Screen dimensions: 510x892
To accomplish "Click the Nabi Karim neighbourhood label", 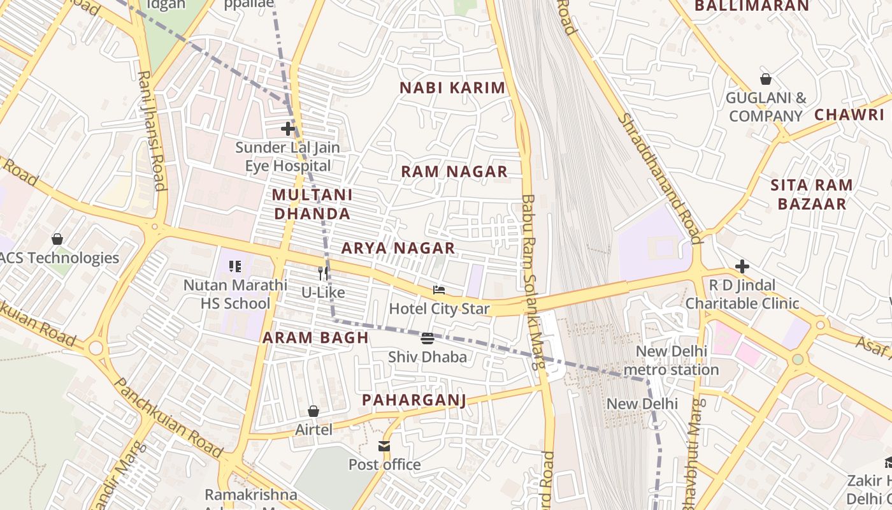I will (452, 88).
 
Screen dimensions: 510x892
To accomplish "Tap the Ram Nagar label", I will (454, 171).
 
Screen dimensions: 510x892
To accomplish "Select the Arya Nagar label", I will (398, 248).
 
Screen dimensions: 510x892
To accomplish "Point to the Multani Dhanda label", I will (312, 204).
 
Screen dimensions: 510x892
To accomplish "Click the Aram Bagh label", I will (316, 338).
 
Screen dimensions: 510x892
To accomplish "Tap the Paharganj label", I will (414, 400).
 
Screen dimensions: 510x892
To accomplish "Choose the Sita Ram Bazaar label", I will (811, 194).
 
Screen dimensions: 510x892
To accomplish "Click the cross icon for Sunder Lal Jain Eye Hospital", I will (288, 129).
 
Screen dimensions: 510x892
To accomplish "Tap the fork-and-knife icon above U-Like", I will (323, 273).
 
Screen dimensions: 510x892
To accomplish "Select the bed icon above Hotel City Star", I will (439, 290).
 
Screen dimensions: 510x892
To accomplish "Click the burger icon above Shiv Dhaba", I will (428, 338).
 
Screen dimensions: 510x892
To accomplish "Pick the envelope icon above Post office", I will (384, 446).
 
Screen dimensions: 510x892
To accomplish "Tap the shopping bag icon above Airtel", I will (313, 411).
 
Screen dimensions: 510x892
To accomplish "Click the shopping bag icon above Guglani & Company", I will (766, 79).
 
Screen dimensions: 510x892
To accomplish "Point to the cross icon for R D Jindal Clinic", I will (742, 266).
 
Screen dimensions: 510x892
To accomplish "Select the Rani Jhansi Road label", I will (152, 131).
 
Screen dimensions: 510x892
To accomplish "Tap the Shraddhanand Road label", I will (659, 178).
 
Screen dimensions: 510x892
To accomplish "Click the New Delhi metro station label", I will (671, 360).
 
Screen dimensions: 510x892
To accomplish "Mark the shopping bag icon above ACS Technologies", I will (57, 239).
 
